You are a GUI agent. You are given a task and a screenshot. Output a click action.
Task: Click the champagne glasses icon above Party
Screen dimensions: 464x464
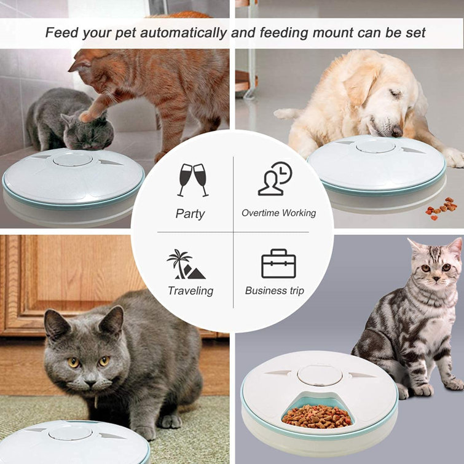[x=193, y=179]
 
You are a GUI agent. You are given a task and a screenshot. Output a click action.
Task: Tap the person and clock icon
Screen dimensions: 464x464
[x=275, y=179]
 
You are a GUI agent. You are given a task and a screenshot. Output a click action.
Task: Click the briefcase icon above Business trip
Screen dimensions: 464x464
[x=278, y=264]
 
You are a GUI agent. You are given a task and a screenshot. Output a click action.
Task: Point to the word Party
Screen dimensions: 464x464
[x=191, y=214]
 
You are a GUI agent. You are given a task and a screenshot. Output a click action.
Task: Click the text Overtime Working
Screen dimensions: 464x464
[x=278, y=213]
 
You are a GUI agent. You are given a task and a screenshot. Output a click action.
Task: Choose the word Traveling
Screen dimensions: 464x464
[x=191, y=291]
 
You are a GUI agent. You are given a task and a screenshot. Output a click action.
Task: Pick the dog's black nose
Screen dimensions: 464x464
[x=397, y=131]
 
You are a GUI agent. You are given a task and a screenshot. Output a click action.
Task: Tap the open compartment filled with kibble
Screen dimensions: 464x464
[x=317, y=415]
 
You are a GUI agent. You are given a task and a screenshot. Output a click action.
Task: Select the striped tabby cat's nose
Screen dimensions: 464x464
[x=434, y=278]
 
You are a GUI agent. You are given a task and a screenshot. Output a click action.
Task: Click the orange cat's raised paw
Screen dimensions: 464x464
[x=90, y=114]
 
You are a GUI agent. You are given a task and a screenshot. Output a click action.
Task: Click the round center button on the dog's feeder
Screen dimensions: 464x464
[x=376, y=146]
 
